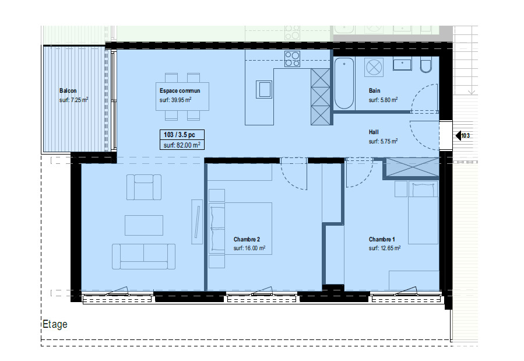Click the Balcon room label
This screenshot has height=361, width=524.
(68, 90)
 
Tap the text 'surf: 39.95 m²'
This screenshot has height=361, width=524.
(175, 100)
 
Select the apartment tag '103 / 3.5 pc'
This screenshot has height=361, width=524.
(180, 135)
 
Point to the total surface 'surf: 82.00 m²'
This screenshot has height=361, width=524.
(182, 145)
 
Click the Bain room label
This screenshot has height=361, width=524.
(374, 90)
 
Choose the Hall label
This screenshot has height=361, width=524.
(374, 132)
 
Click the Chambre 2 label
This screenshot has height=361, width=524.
(247, 239)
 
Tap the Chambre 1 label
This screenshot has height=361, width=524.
(382, 239)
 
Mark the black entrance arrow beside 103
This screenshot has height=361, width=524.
(458, 135)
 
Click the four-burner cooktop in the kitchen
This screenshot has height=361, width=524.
(292, 59)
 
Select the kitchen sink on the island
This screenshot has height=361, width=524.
(264, 89)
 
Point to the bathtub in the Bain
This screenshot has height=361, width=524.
(344, 83)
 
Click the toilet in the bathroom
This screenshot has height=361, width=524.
(425, 65)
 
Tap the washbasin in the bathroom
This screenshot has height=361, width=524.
(402, 64)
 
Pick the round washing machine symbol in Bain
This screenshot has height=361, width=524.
(374, 67)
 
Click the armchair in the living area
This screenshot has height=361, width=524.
(144, 187)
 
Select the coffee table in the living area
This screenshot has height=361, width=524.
(144, 225)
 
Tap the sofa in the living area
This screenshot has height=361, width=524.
(144, 257)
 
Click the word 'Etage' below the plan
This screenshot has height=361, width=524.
(55, 324)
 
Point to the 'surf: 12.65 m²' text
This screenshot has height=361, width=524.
(385, 248)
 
